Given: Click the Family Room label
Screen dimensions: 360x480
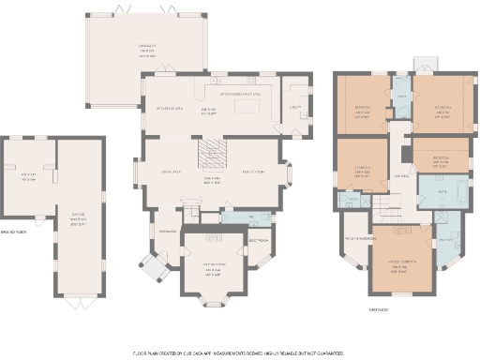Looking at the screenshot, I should tap(256, 172).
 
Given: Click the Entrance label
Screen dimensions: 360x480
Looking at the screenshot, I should tap(168, 231).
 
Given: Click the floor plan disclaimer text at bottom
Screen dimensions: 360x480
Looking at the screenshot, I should tap(239, 352).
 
